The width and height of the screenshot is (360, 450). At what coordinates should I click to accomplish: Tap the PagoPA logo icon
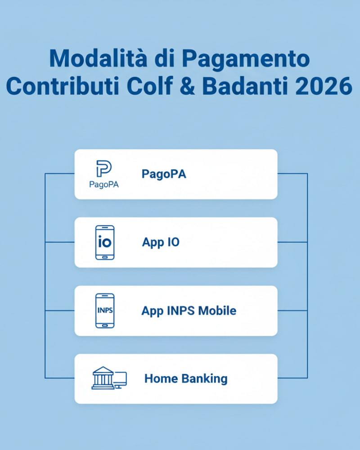(104, 168)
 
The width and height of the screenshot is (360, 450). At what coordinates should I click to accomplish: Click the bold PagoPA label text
(164, 174)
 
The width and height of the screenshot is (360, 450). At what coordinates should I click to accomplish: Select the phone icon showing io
(105, 242)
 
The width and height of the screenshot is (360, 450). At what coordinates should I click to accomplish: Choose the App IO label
(161, 242)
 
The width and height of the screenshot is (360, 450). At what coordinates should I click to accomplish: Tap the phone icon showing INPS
(105, 310)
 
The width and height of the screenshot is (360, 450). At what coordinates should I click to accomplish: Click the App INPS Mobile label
(189, 310)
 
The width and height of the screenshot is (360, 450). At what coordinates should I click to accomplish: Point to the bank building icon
(102, 378)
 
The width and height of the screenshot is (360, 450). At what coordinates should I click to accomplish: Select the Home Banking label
(185, 378)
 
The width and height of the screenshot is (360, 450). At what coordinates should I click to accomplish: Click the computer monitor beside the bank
(120, 379)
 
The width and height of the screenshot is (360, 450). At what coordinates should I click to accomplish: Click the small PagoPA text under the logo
(104, 184)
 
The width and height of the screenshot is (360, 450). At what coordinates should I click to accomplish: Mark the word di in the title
(166, 59)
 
